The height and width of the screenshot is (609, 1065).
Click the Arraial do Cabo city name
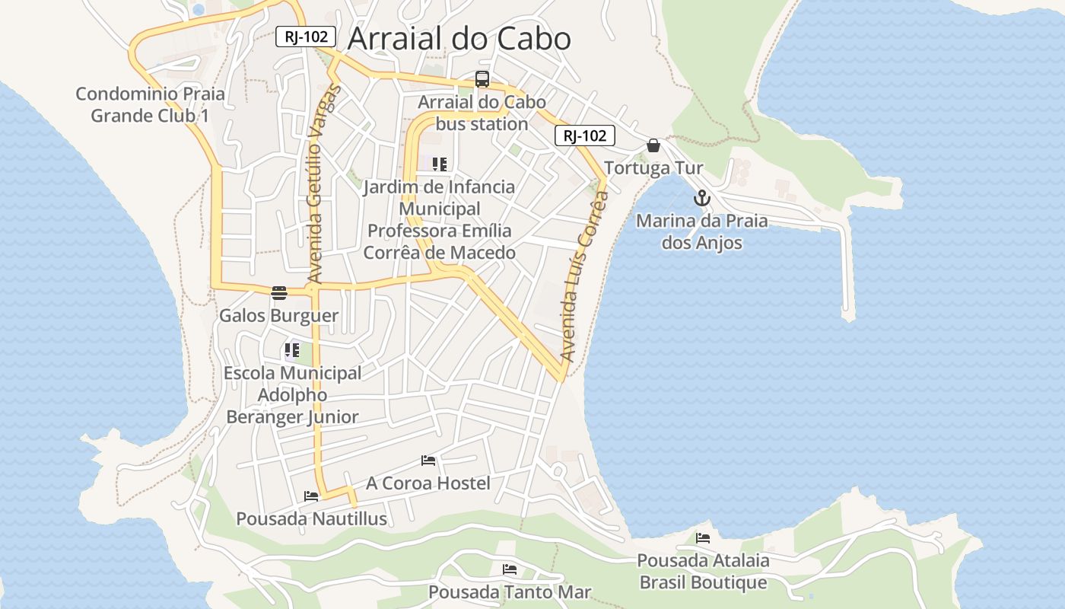459,38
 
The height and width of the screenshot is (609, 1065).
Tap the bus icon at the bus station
482,78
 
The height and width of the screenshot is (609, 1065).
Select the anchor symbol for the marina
701,199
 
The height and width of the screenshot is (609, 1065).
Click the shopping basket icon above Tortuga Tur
653,145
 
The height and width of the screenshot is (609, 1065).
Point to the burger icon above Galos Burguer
279,293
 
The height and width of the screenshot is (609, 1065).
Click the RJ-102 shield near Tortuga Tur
584,136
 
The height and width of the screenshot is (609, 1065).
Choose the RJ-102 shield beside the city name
305,36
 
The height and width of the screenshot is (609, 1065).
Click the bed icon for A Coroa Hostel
428,461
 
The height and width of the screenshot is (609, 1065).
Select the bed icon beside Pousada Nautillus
311,496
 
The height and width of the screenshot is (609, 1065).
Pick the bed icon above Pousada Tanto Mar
510,569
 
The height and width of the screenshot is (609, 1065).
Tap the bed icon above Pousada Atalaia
703,538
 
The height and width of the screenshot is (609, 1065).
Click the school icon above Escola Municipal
292,351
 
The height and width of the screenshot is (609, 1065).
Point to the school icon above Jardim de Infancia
439,164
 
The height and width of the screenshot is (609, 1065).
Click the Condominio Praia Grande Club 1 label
150,105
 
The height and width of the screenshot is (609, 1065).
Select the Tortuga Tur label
653,168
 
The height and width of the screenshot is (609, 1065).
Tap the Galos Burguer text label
278,315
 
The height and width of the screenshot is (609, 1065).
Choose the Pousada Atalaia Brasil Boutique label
703,572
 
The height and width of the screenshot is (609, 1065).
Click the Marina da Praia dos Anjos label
701,232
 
